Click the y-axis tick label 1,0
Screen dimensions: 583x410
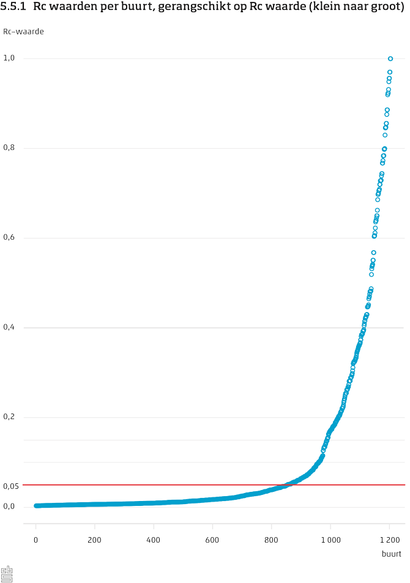tap(9, 58)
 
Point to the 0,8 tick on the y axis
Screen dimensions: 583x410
tap(9, 148)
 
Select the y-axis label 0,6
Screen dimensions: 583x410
tap(9, 238)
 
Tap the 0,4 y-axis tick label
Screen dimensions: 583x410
tap(9, 328)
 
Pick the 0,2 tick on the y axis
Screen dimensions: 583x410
tap(9, 417)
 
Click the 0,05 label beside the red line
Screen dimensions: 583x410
tap(10, 486)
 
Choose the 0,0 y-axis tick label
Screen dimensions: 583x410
tap(9, 507)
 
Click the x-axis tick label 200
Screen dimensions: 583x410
tap(94, 540)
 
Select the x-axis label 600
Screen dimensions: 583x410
tap(212, 540)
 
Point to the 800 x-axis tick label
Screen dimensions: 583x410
tap(271, 540)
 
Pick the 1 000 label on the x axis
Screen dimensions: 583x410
tap(329, 540)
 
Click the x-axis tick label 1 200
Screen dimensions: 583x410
tap(388, 540)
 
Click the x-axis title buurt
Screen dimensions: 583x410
tap(391, 554)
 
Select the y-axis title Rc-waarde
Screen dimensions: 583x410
tap(23, 31)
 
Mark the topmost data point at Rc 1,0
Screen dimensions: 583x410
tap(390, 59)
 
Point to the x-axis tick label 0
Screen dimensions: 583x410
tap(36, 540)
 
